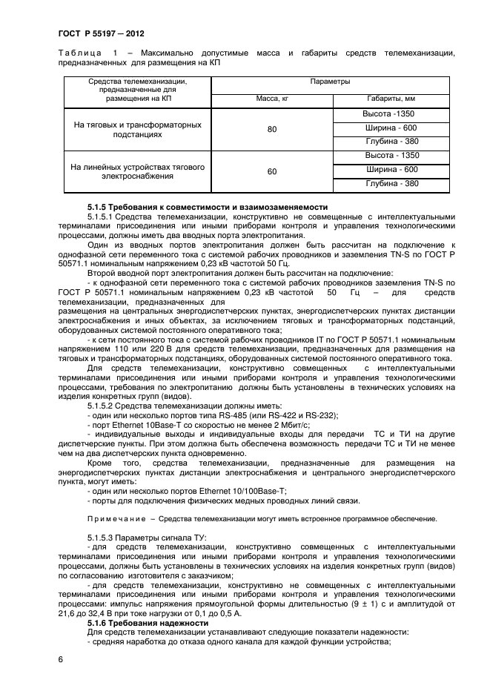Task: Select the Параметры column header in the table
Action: [x=330, y=82]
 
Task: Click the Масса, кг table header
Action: [x=271, y=98]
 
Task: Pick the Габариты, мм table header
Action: [x=391, y=98]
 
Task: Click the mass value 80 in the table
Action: [x=271, y=130]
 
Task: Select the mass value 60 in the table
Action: [x=271, y=171]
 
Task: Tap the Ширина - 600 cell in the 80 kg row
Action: [x=391, y=128]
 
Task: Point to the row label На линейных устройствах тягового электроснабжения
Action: [x=137, y=172]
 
